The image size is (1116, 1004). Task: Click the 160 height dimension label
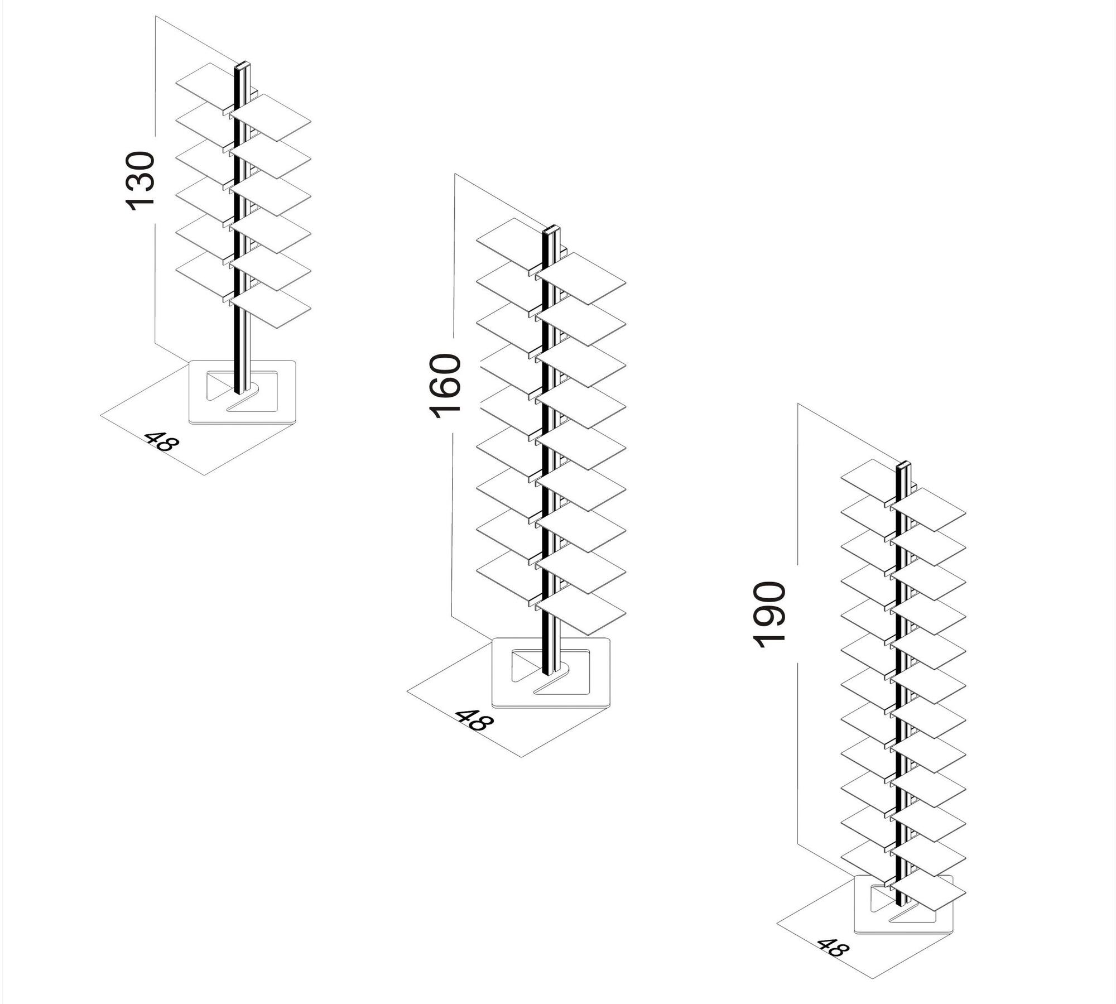(x=445, y=386)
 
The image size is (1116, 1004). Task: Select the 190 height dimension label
(x=769, y=614)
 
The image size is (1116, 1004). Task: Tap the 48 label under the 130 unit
(x=162, y=441)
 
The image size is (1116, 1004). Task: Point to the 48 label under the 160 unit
(x=474, y=720)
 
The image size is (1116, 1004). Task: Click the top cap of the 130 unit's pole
(x=242, y=66)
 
